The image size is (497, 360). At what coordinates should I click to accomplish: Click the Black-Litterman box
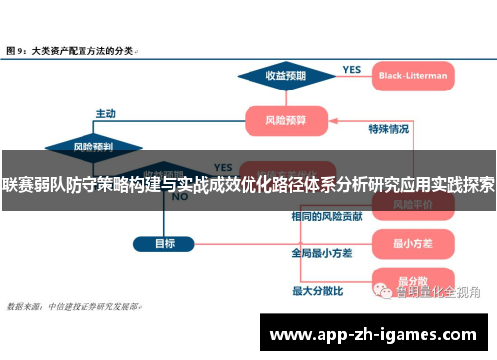coord(413,75)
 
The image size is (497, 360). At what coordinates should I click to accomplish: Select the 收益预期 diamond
coord(285,75)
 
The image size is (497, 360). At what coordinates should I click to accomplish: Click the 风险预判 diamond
coord(92,146)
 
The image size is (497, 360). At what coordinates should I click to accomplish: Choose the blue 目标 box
coord(165,243)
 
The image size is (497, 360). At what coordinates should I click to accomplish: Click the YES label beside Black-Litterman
coord(352,69)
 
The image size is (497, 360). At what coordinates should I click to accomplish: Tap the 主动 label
coord(105,113)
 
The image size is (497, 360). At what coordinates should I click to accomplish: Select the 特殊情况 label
coord(388,129)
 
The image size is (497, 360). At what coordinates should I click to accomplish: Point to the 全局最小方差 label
coord(321,253)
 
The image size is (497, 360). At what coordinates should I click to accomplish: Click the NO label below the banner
coord(180,197)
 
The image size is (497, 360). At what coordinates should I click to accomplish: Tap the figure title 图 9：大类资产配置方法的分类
coord(72,48)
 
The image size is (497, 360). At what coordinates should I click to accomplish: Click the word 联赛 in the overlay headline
coord(19,184)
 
